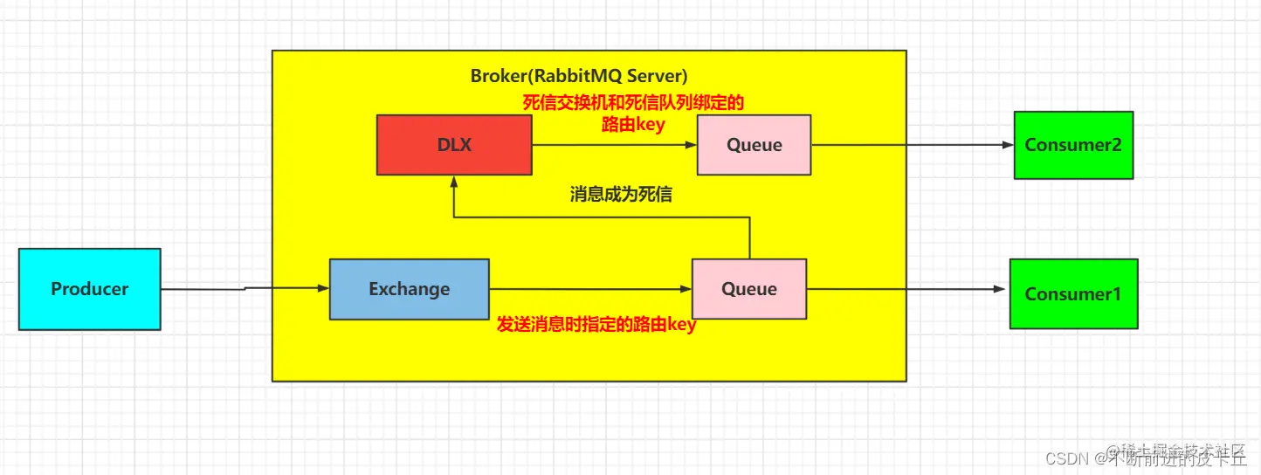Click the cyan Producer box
[89, 289]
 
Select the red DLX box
[454, 145]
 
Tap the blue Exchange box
[409, 289]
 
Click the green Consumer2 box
[1072, 145]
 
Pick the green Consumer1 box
[1072, 294]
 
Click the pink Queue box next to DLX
[754, 145]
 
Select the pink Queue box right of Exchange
[748, 289]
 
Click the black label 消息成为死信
[620, 195]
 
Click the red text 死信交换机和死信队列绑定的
[633, 103]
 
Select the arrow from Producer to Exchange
[245, 288]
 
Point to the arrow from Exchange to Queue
[589, 289]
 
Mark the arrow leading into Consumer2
[912, 145]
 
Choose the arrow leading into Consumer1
[907, 289]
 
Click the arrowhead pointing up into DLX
[454, 182]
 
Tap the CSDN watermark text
[1065, 458]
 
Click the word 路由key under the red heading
[633, 125]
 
